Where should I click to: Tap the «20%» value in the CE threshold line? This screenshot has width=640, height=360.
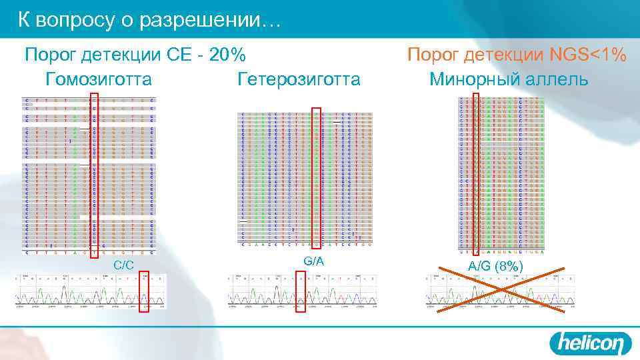click(227, 54)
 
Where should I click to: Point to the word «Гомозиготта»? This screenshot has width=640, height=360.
click(99, 79)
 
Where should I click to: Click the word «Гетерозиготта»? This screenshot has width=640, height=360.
click(299, 79)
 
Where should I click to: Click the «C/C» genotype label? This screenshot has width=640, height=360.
click(123, 265)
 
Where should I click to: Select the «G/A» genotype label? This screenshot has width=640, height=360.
click(313, 261)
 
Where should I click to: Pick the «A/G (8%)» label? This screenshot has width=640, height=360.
click(495, 266)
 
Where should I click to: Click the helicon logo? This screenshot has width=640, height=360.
click(590, 343)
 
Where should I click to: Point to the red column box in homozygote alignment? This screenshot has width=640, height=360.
click(94, 175)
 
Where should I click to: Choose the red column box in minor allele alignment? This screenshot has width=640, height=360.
click(475, 174)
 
